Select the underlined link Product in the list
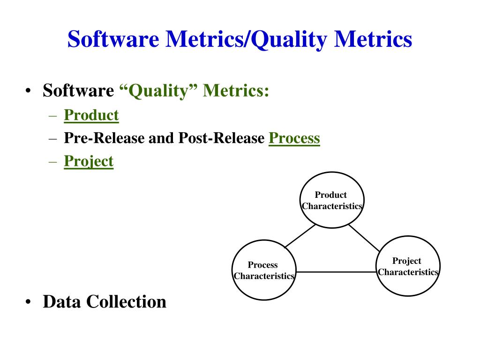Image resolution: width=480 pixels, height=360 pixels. (x=91, y=115)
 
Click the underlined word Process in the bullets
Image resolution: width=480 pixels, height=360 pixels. (x=294, y=138)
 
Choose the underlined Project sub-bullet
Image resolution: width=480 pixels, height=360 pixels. (x=89, y=161)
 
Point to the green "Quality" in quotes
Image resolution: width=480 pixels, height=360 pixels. (x=158, y=90)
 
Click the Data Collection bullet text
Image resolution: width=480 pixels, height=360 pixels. (x=104, y=301)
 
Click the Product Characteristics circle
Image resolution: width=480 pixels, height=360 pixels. (x=331, y=200)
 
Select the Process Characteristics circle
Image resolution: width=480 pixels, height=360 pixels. (x=263, y=270)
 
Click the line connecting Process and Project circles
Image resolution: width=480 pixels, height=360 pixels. (x=336, y=272)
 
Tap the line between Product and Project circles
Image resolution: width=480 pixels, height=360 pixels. (x=364, y=238)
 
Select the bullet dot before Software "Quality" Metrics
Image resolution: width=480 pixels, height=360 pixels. (x=29, y=91)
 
